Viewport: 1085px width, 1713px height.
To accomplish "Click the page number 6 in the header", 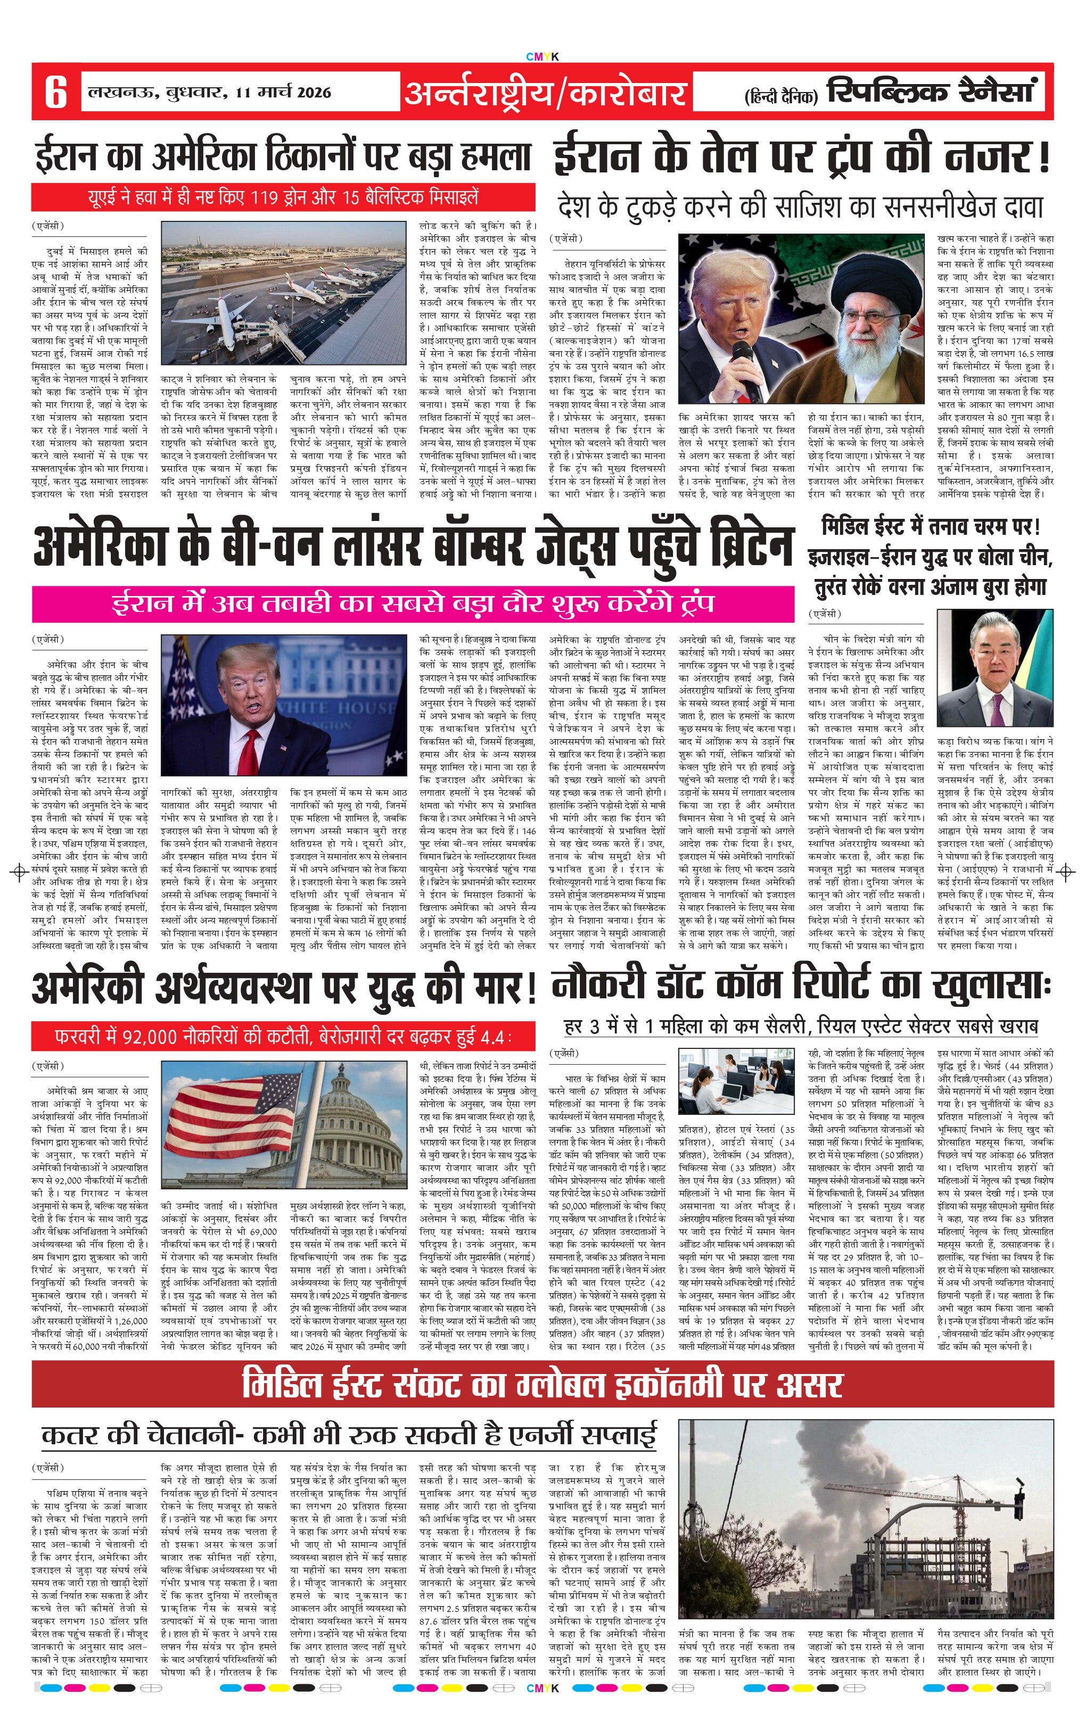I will click(x=55, y=93).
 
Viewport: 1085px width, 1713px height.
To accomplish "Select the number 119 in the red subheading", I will click(x=262, y=197).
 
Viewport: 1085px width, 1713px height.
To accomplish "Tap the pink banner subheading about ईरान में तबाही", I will click(x=413, y=604).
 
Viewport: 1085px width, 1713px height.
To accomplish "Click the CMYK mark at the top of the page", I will click(x=542, y=56).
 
